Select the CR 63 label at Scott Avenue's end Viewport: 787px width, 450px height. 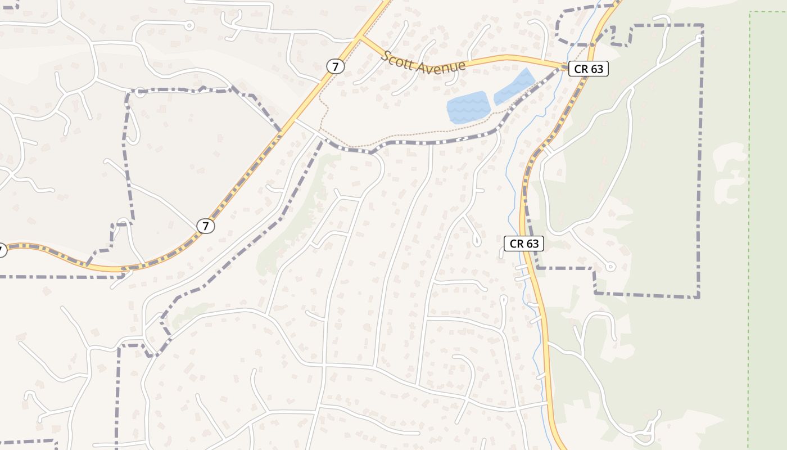coord(589,69)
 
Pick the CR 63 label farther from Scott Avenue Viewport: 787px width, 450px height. coord(524,244)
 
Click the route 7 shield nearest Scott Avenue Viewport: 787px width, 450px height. coord(336,66)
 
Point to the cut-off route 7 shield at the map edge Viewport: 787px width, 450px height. coord(2,250)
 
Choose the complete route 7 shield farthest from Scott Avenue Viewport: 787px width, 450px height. coord(206,226)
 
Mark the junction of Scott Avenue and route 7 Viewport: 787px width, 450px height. coord(359,38)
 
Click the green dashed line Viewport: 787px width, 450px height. coord(750,225)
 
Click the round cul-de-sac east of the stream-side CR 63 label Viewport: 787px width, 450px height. coord(610,267)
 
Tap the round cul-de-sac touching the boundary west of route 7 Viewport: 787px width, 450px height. coord(140,92)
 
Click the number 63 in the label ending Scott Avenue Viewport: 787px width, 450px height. coord(596,69)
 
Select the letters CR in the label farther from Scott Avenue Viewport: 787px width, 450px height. coord(516,244)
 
